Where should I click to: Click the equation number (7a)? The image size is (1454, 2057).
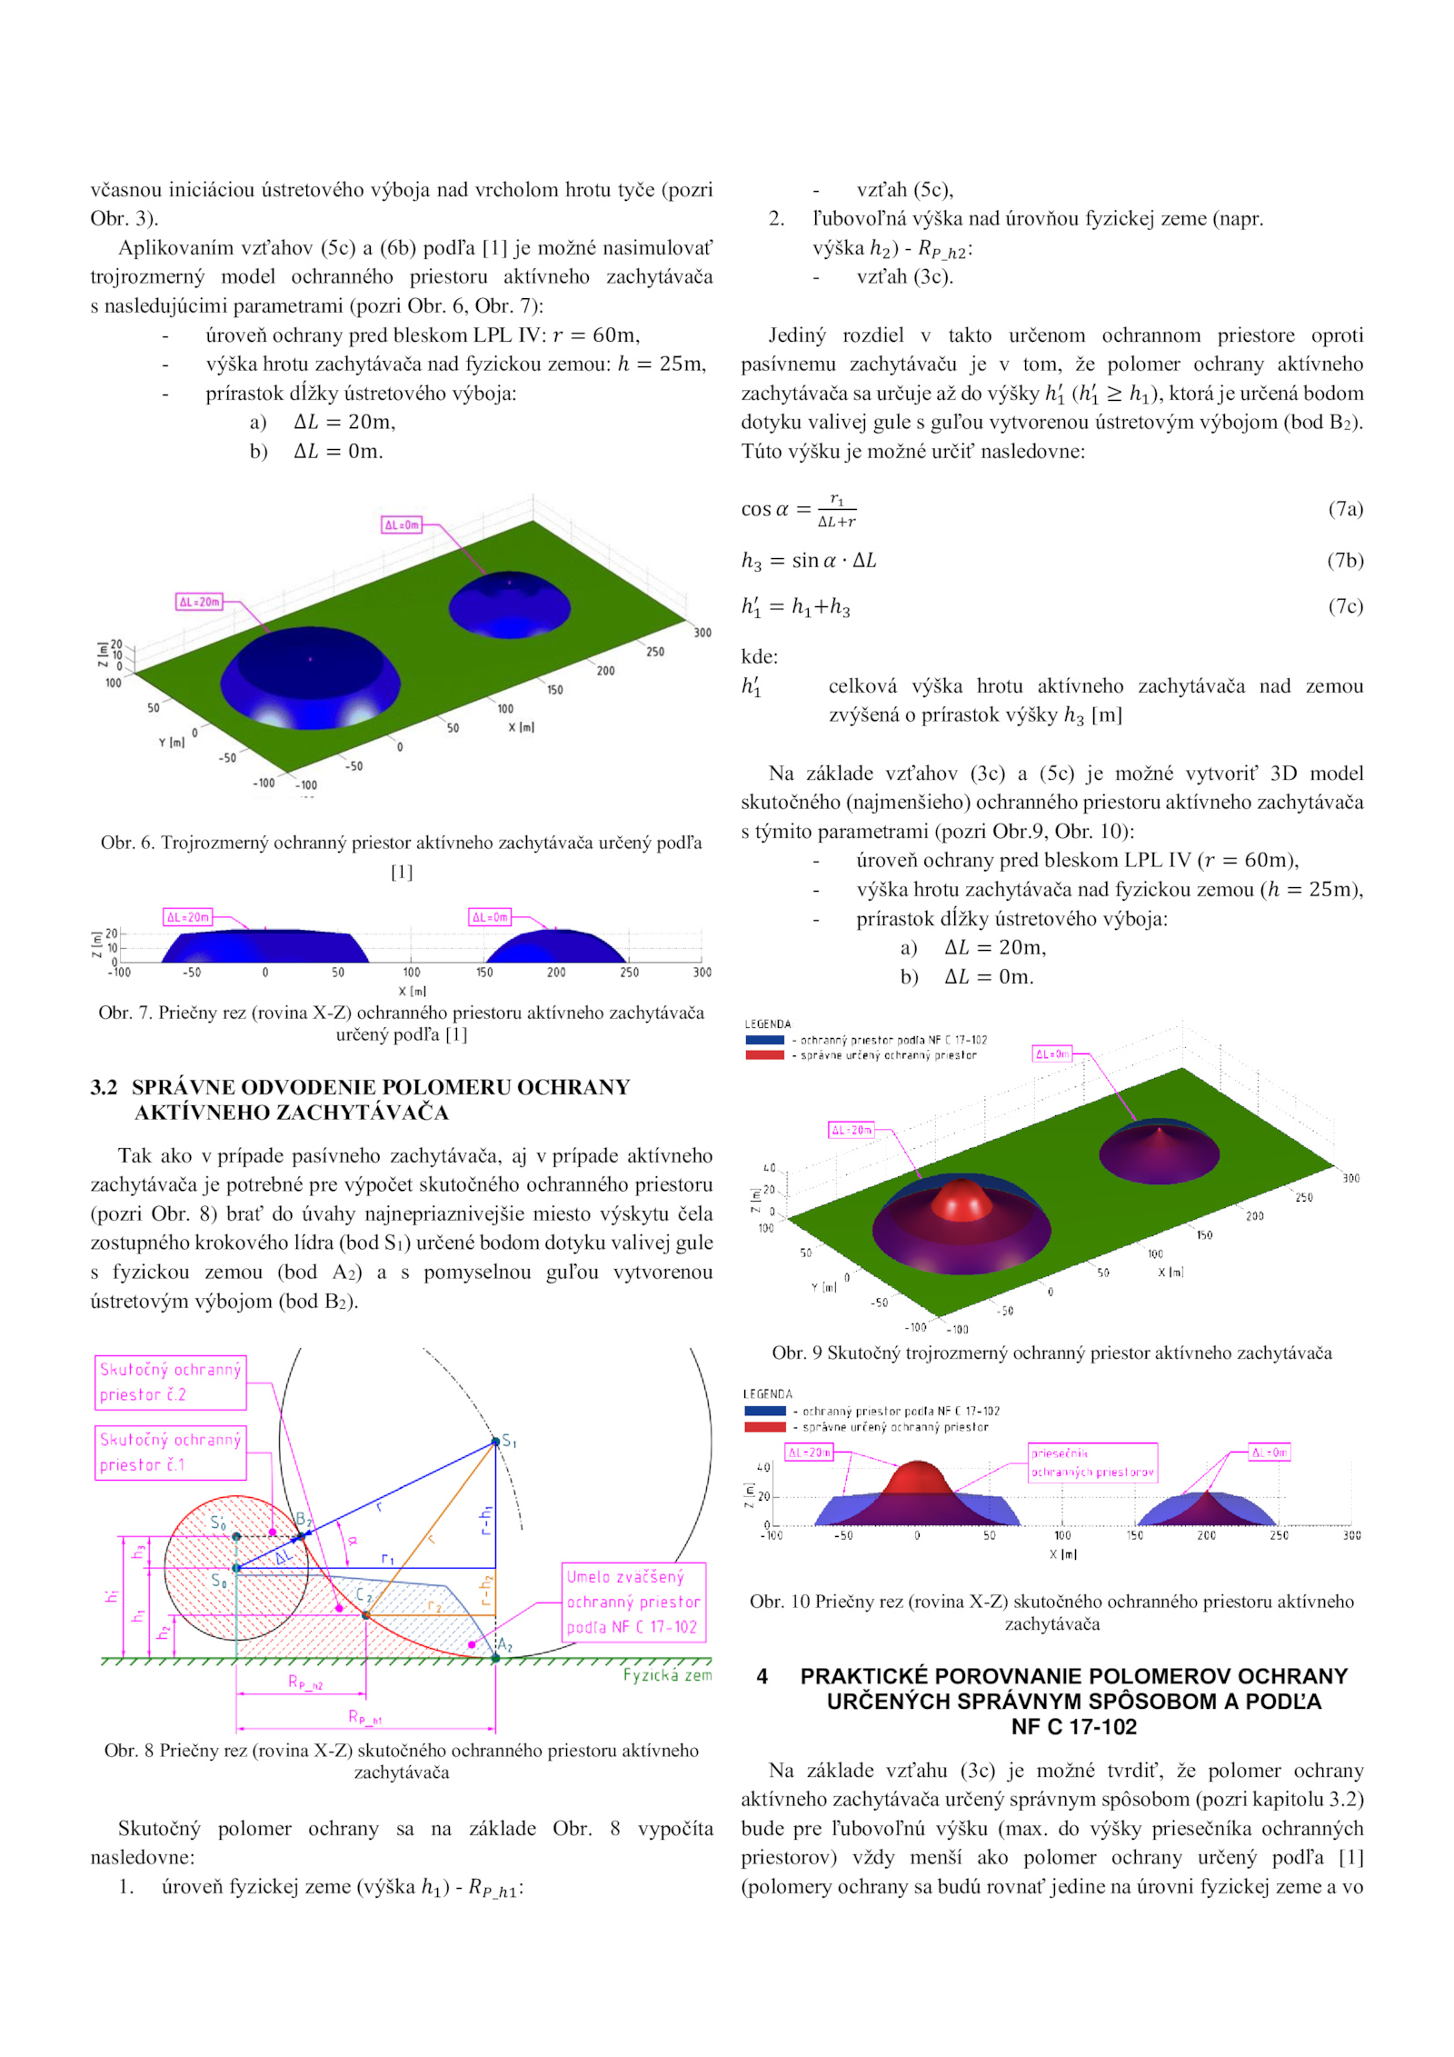[1345, 509]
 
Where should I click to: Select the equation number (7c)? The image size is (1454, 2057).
[1345, 606]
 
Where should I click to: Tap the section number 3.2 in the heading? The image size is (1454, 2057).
[104, 1087]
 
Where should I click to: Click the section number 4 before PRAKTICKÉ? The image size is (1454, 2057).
[762, 1676]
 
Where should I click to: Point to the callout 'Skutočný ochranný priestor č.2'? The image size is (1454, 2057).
[170, 1383]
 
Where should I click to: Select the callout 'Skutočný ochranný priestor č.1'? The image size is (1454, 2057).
[170, 1453]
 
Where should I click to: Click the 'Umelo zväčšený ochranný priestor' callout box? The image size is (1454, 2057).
[633, 1603]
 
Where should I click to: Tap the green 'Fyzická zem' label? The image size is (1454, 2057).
[667, 1675]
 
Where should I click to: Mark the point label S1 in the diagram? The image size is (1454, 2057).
[509, 1441]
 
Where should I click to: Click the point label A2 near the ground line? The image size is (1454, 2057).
[504, 1644]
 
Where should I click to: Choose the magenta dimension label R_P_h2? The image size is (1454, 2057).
[305, 1683]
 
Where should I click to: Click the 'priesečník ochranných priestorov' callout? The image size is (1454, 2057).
[1092, 1463]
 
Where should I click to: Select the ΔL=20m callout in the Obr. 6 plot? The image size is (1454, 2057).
[199, 602]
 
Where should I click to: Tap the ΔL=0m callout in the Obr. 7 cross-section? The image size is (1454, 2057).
[490, 917]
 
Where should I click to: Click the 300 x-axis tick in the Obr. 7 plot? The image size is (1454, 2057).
[702, 973]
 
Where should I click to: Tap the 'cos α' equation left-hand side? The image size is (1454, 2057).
[765, 509]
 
